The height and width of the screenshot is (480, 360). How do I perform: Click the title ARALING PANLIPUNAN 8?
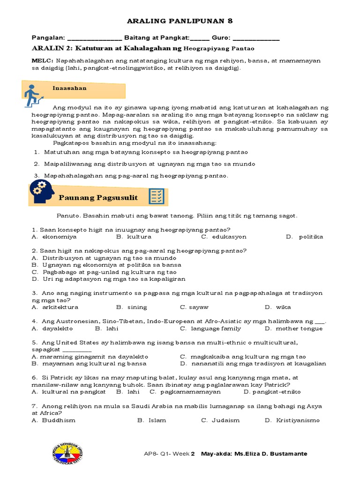180,21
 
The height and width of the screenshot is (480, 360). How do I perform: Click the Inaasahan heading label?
69,88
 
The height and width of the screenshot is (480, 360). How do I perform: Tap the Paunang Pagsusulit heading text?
98,197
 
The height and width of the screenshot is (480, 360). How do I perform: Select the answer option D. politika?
304,237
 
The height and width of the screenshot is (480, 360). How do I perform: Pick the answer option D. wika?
277,307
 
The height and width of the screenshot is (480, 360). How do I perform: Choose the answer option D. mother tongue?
293,329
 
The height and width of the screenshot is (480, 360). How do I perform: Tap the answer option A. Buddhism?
53,420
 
